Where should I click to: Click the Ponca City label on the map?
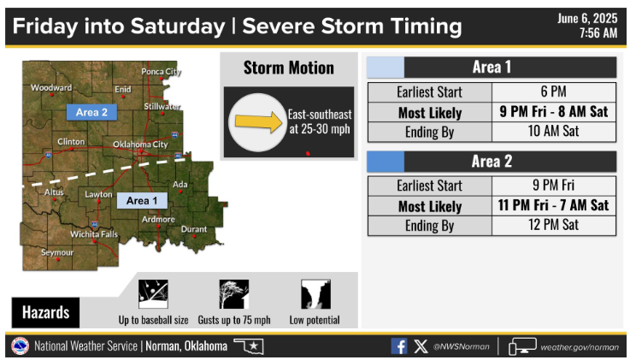click(x=161, y=72)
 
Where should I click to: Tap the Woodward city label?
click(x=51, y=87)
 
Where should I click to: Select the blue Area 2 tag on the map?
click(x=91, y=112)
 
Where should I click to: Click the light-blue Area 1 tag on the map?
click(x=142, y=200)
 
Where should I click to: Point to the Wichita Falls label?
click(x=94, y=234)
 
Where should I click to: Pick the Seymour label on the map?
click(x=57, y=252)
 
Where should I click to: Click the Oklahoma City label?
click(x=140, y=144)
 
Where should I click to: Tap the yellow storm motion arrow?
click(x=259, y=121)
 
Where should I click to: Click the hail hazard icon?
click(x=153, y=294)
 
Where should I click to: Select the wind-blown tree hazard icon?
click(x=234, y=294)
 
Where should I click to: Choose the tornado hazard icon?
click(x=315, y=294)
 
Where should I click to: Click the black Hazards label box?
click(x=45, y=312)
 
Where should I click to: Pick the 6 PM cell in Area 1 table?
click(x=554, y=91)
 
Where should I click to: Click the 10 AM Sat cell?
click(x=554, y=132)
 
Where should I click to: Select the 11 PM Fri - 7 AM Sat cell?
click(x=554, y=205)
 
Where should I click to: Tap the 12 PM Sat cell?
click(x=554, y=225)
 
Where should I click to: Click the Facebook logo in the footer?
click(x=399, y=346)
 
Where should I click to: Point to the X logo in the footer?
click(x=421, y=346)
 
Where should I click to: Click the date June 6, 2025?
click(x=587, y=18)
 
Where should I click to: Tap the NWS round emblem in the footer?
click(x=20, y=346)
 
